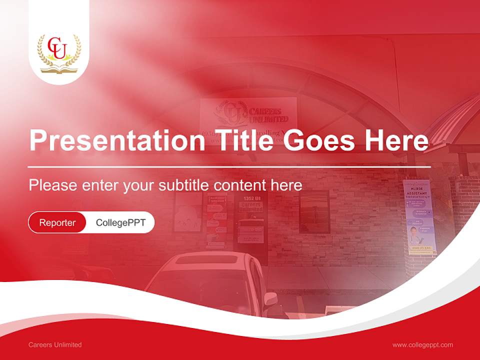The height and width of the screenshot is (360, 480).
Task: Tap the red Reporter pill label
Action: (x=57, y=222)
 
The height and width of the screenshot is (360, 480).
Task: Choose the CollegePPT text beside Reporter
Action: (x=120, y=222)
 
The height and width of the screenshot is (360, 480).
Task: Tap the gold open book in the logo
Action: (x=59, y=68)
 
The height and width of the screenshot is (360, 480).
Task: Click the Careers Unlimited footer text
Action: (x=55, y=345)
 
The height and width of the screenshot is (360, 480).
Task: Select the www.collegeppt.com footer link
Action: (x=422, y=345)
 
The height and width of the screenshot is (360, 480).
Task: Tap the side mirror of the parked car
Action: (x=270, y=298)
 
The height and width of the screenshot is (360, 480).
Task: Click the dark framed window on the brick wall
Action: (x=314, y=212)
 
